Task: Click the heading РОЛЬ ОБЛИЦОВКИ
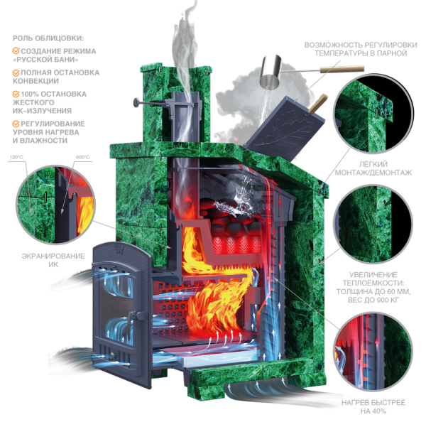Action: [48, 38]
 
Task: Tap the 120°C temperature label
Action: [16, 157]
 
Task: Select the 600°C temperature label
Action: [82, 157]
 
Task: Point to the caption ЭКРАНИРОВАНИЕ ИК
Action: [53, 260]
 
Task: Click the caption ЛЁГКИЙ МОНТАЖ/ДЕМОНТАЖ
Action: [373, 168]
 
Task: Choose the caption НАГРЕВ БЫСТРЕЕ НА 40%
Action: [373, 406]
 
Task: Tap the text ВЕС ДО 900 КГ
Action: [373, 301]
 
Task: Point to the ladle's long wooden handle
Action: [342, 69]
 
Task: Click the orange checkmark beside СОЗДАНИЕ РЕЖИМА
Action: [16, 51]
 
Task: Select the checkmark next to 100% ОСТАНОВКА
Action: [16, 94]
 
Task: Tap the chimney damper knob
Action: [136, 103]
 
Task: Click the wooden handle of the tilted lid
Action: [318, 104]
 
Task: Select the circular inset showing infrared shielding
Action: [55, 204]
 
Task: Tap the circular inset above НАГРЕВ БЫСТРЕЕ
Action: [373, 351]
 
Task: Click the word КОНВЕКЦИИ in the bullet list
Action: [35, 81]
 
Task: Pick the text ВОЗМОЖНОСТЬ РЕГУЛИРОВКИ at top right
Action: [361, 45]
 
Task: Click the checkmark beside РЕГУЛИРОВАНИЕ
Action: [16, 124]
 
